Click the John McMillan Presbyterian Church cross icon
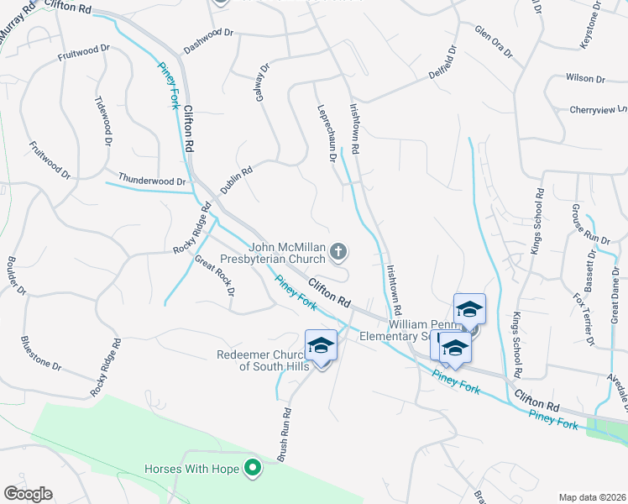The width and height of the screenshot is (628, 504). coord(338,250)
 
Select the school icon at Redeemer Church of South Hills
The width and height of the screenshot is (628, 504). coord(321,347)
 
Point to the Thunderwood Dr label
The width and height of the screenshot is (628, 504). coord(152,181)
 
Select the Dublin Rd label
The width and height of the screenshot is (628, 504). coord(237,181)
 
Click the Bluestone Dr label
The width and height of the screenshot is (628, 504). coord(41,355)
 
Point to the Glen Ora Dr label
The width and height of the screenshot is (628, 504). coord(493,41)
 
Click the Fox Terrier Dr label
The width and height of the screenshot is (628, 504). coord(584,319)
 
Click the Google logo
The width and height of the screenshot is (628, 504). coord(28,493)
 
